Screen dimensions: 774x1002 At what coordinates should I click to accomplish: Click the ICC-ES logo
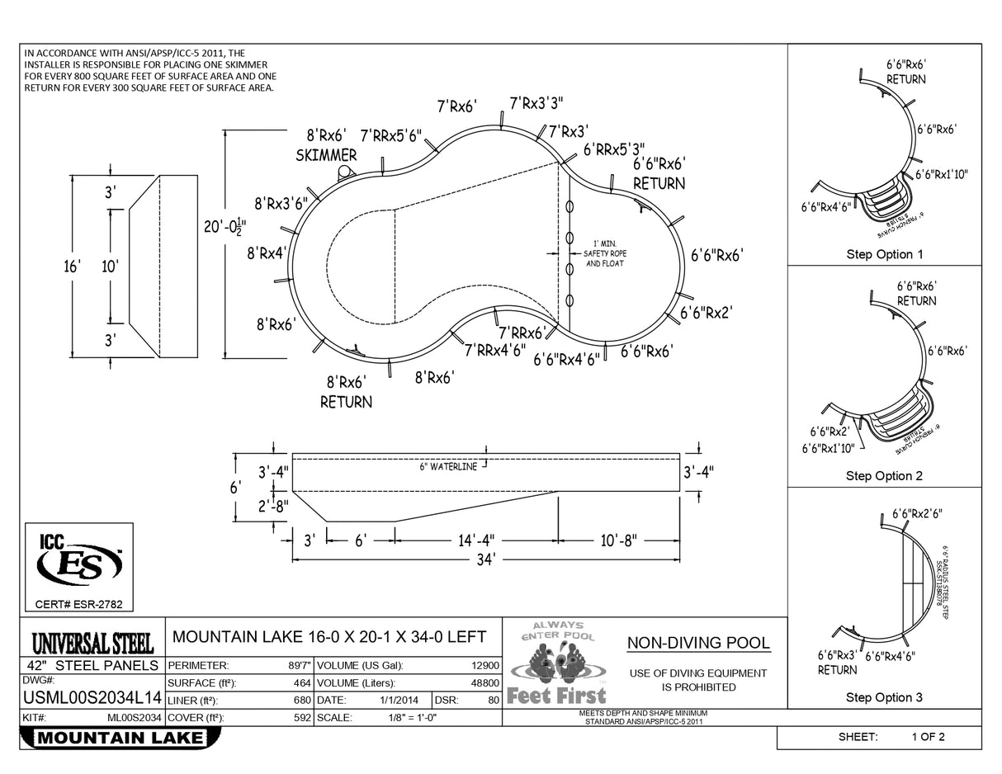pos(79,564)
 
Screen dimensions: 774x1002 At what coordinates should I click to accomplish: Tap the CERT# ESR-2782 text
pos(78,605)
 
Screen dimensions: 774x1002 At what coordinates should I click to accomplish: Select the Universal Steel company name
pos(92,641)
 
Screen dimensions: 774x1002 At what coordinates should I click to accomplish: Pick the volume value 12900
pos(484,665)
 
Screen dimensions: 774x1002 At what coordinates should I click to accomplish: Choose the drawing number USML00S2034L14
pos(91,699)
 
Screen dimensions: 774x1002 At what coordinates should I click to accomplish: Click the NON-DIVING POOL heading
pos(698,643)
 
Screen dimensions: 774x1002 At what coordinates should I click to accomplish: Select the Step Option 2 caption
pos(884,476)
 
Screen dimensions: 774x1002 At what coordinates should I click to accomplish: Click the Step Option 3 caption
pos(884,698)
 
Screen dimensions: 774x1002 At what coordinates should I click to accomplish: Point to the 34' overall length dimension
pos(485,559)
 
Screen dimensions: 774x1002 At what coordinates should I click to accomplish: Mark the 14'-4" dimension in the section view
pos(476,541)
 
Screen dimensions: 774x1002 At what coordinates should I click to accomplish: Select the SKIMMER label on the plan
pos(326,155)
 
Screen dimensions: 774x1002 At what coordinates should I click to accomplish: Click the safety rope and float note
pos(605,253)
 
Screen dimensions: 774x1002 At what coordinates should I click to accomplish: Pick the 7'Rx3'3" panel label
pos(536,103)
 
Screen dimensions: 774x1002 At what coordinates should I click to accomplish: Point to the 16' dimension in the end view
pos(73,266)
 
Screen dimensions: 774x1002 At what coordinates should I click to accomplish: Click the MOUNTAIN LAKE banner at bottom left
pos(121,738)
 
